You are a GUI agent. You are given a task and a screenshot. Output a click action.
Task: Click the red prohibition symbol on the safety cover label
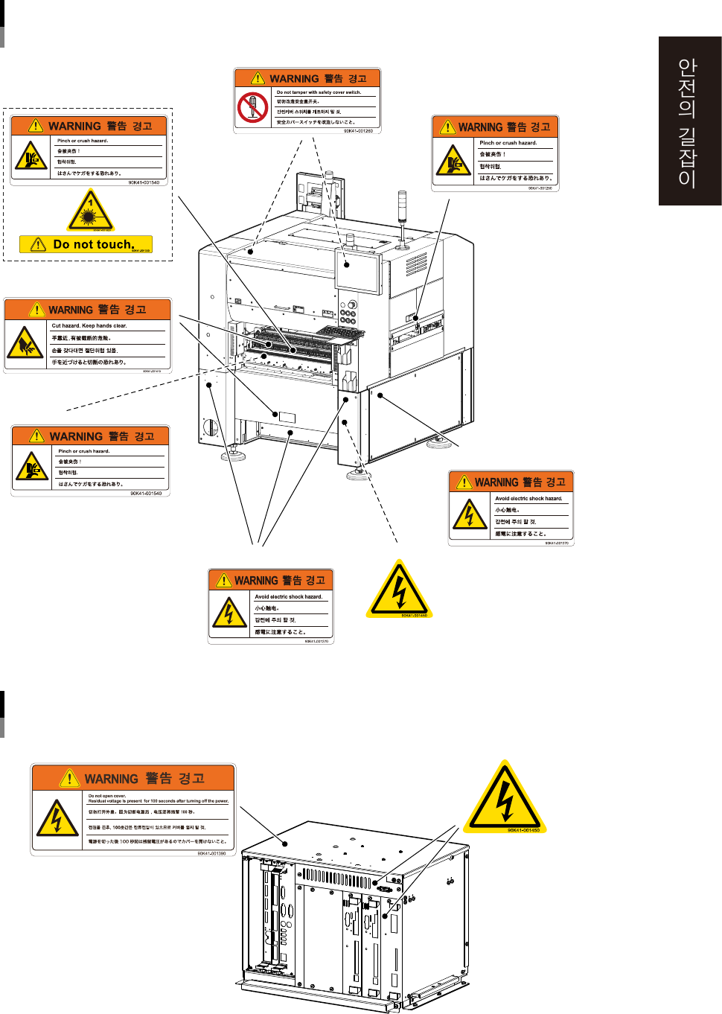pos(252,107)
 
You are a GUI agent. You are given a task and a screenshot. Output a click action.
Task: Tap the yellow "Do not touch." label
pos(86,244)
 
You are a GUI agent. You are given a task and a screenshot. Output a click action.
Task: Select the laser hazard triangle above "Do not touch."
pos(90,211)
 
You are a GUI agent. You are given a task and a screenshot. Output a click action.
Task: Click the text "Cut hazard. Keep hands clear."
pos(89,325)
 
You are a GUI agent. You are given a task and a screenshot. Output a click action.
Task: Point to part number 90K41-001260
pos(358,131)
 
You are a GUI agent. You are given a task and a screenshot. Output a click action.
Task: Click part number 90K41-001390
pos(211,853)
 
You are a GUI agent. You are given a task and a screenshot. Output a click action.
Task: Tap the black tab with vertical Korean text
pos(689,121)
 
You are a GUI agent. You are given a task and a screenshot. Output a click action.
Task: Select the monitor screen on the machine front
pos(358,272)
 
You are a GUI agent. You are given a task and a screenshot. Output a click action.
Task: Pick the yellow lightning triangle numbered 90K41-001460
pos(399,590)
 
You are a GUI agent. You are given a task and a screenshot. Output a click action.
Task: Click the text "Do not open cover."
pos(107,796)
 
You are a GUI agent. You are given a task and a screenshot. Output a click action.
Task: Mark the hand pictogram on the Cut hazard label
pos(25,344)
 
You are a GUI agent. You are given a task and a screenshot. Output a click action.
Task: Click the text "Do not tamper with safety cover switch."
pos(319,92)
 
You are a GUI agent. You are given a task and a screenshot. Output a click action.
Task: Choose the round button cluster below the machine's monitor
pos(348,313)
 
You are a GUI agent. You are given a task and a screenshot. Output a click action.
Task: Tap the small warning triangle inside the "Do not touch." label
pos(38,244)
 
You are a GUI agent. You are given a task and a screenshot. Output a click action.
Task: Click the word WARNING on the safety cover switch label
pos(294,79)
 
